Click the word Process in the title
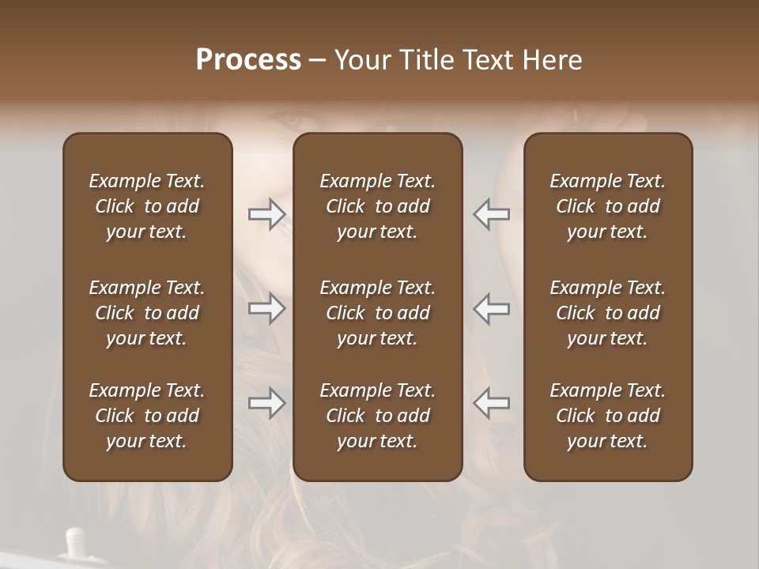[x=248, y=60]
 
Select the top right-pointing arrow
[x=267, y=213]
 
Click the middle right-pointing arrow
[x=267, y=308]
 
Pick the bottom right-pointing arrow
[x=267, y=403]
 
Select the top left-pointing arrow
[x=491, y=213]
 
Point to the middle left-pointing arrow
[x=491, y=308]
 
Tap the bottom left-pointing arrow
[x=491, y=403]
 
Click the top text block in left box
[x=147, y=206]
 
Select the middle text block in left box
[x=147, y=313]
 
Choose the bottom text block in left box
[x=147, y=416]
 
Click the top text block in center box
[x=377, y=206]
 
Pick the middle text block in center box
[x=377, y=313]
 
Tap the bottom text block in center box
[x=377, y=416]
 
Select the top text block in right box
[x=607, y=206]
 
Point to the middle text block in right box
[x=607, y=313]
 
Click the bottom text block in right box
[x=607, y=416]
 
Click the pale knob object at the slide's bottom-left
[x=76, y=544]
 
